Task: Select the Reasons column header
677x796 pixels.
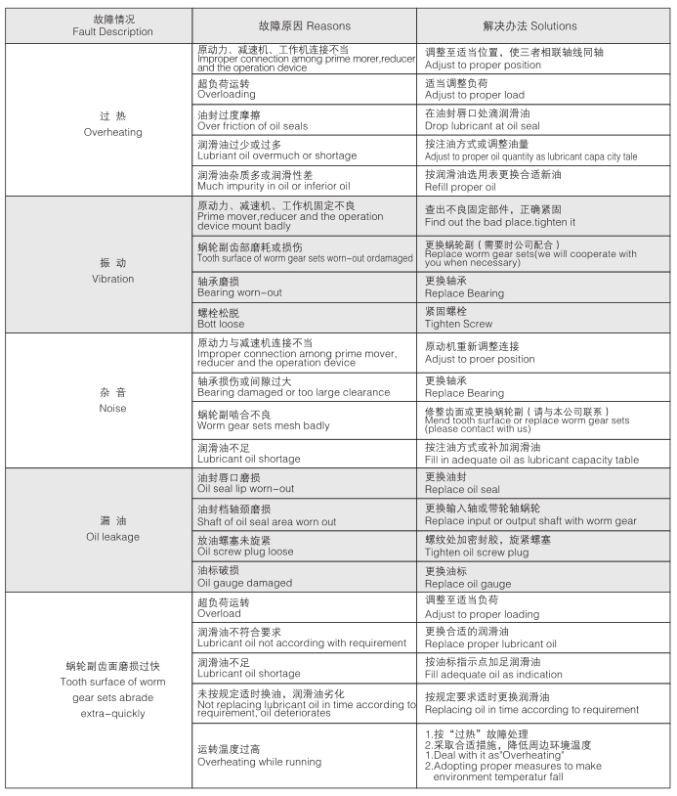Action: coord(303,25)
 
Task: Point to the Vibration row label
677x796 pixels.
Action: coord(112,271)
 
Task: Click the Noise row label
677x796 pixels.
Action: coord(112,400)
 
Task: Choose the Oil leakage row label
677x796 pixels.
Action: coord(112,529)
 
